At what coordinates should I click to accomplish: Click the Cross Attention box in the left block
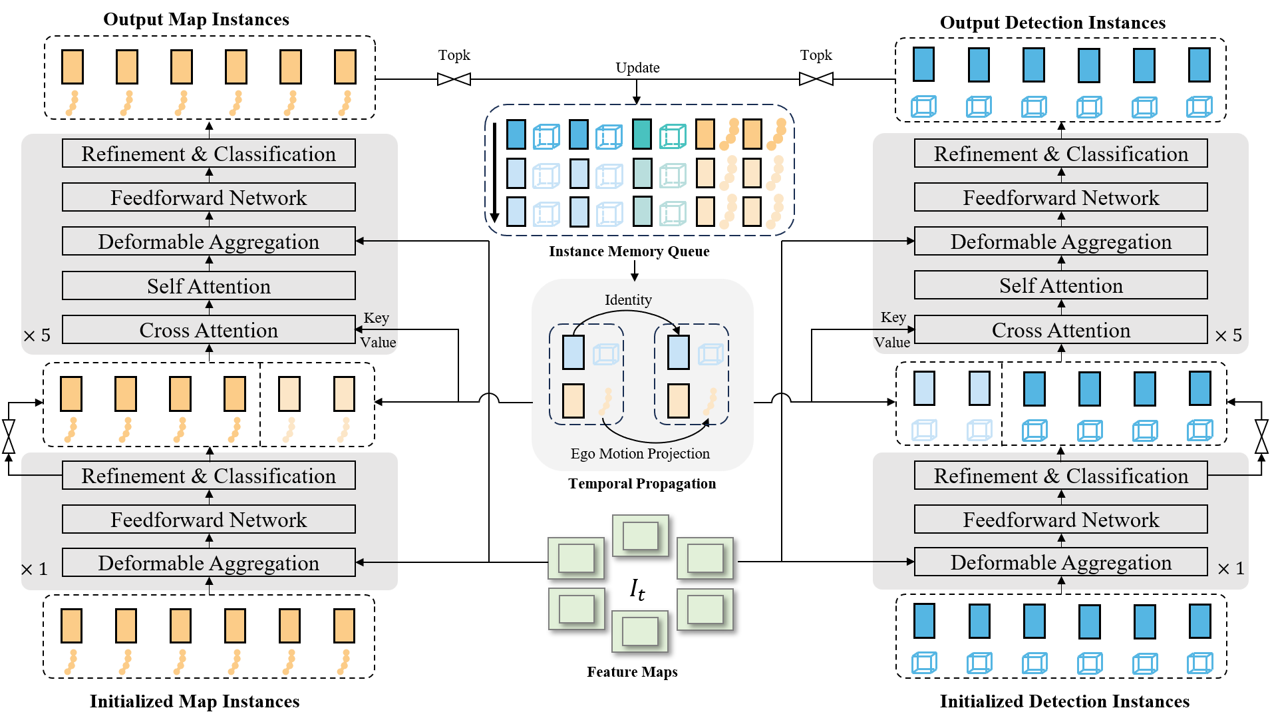[208, 330]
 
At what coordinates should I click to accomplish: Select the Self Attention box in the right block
[1060, 285]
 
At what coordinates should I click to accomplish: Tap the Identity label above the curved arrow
[628, 300]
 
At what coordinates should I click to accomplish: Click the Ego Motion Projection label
[640, 454]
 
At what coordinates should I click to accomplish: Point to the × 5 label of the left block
[37, 335]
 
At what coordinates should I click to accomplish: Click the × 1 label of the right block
[1230, 569]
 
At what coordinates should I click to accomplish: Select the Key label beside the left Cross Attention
[377, 318]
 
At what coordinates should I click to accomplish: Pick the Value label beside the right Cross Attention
[891, 343]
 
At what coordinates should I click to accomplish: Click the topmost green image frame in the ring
[640, 535]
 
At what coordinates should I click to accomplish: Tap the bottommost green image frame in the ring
[640, 631]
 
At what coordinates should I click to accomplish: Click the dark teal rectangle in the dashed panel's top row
[642, 134]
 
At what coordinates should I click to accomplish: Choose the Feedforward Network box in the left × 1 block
[208, 520]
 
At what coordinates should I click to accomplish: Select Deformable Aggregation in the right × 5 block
[1060, 242]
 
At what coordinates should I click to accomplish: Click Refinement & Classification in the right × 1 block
[1060, 476]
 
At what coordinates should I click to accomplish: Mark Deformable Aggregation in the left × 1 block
[208, 563]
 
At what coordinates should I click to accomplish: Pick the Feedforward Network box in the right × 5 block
[1060, 198]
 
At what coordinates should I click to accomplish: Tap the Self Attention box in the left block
[208, 286]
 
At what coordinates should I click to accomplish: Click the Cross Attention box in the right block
[1060, 330]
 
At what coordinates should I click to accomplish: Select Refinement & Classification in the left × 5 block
[208, 154]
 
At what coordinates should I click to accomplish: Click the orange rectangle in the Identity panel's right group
[678, 401]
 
